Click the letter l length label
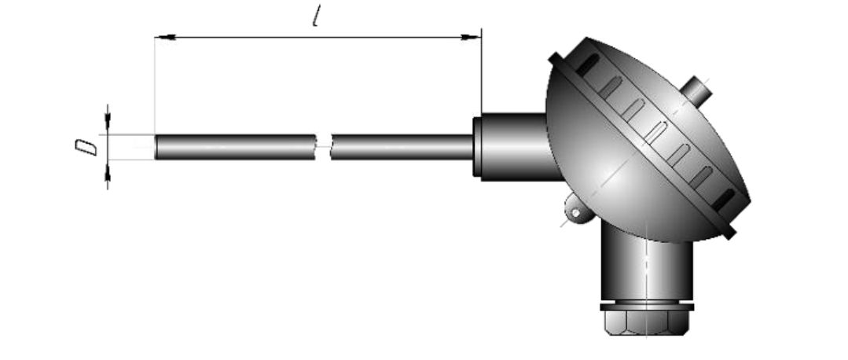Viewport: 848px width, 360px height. pos(318,17)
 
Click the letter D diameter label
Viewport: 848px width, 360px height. pos(86,147)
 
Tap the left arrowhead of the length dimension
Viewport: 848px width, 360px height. pos(165,37)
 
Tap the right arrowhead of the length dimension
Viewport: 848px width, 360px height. pos(471,37)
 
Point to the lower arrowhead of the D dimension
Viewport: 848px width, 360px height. pos(108,172)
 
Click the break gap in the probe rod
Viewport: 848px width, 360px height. pos(324,146)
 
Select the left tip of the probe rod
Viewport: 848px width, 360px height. pos(156,147)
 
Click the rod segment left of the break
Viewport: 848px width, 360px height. pos(235,147)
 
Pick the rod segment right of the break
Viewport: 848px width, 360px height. pos(402,147)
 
